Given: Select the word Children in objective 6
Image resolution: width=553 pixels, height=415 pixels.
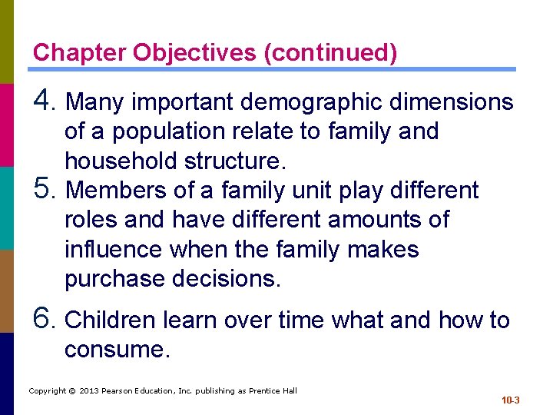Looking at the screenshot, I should [x=113, y=320].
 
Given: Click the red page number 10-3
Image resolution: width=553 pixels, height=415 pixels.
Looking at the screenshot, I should [x=510, y=400].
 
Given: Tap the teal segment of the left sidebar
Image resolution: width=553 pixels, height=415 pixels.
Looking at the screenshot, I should [x=7, y=207].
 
